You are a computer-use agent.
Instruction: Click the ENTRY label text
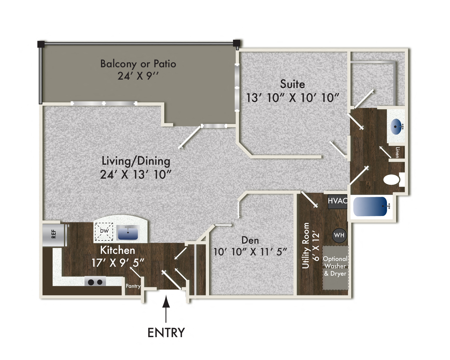(x=166, y=333)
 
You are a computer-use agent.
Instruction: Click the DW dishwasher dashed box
(x=104, y=231)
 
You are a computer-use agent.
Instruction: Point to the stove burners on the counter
(x=95, y=282)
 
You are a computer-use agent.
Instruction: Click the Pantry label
(x=133, y=286)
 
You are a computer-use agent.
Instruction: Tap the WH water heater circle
(x=339, y=235)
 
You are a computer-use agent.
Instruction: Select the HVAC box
(x=337, y=201)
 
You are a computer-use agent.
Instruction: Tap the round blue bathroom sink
(x=396, y=127)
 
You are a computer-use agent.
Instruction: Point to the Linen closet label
(x=397, y=152)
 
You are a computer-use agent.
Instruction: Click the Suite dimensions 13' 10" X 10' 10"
(x=292, y=98)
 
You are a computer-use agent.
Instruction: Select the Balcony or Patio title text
(x=138, y=64)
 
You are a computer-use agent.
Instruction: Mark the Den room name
(x=250, y=240)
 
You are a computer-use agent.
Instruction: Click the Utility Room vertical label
(x=306, y=245)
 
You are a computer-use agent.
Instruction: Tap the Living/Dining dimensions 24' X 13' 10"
(x=136, y=175)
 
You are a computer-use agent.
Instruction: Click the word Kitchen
(x=117, y=250)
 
